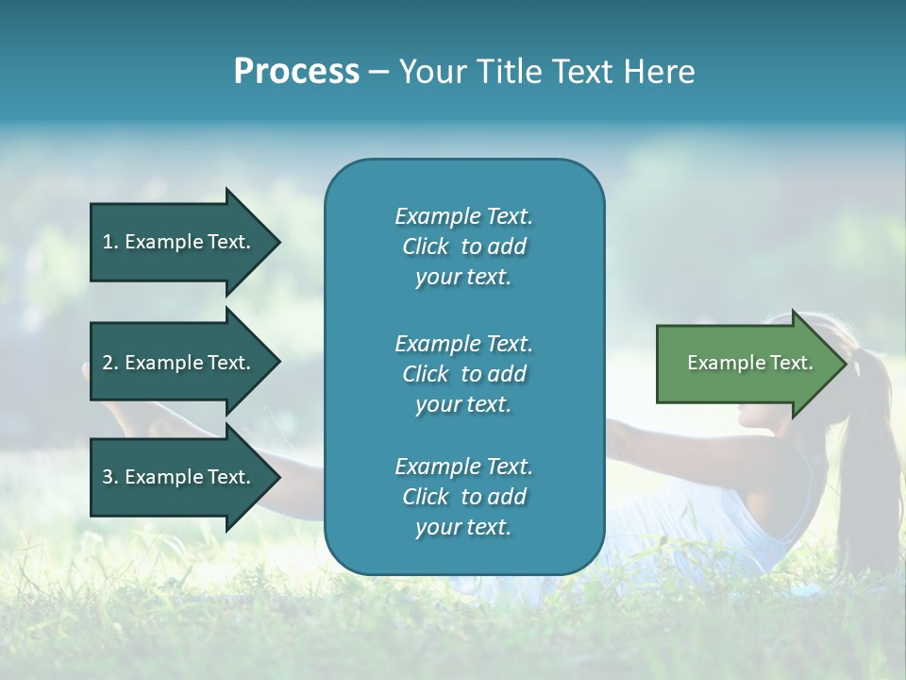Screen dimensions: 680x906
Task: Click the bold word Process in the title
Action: coord(296,72)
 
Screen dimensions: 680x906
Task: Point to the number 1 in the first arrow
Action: coord(108,242)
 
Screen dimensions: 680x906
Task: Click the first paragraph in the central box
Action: coord(463,246)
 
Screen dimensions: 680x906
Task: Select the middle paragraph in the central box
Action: coord(463,374)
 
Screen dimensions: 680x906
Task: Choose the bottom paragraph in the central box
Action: coord(463,497)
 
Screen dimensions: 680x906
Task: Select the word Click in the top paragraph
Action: coord(425,246)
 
